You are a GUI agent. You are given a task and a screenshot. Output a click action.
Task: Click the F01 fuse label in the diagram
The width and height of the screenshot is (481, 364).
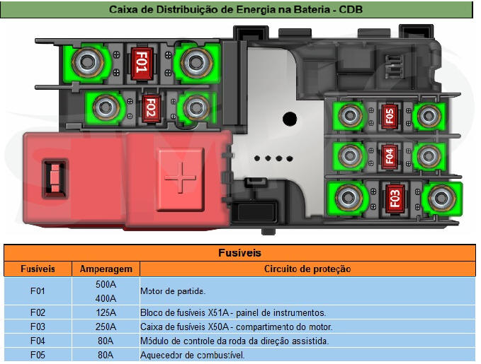tap(140, 63)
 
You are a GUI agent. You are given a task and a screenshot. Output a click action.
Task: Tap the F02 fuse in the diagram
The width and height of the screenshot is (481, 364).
tap(149, 107)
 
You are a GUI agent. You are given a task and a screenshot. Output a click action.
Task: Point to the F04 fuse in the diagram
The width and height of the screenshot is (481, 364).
tap(387, 155)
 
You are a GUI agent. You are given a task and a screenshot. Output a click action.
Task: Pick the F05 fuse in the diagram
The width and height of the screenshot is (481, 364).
tap(388, 115)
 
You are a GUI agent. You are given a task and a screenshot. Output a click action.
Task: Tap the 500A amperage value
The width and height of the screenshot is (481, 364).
tap(106, 284)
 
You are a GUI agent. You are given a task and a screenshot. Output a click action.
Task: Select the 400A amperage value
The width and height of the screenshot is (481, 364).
tap(106, 298)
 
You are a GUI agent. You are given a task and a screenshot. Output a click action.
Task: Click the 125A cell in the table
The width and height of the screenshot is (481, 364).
tap(106, 312)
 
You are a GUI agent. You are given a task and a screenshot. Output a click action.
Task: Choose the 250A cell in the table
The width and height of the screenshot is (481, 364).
tap(106, 327)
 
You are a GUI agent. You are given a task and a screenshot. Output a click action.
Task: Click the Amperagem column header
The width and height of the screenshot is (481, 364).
tap(106, 269)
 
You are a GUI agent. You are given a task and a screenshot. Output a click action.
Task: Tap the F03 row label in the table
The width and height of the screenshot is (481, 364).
tap(38, 327)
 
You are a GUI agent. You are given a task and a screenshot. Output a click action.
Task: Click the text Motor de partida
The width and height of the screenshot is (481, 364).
tap(173, 291)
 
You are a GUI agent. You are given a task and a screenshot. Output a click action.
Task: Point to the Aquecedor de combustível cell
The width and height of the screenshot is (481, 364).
tap(193, 355)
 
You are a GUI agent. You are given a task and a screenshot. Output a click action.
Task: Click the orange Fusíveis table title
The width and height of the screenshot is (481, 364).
tap(240, 252)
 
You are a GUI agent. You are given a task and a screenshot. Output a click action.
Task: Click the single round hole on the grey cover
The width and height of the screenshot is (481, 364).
tap(289, 118)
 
